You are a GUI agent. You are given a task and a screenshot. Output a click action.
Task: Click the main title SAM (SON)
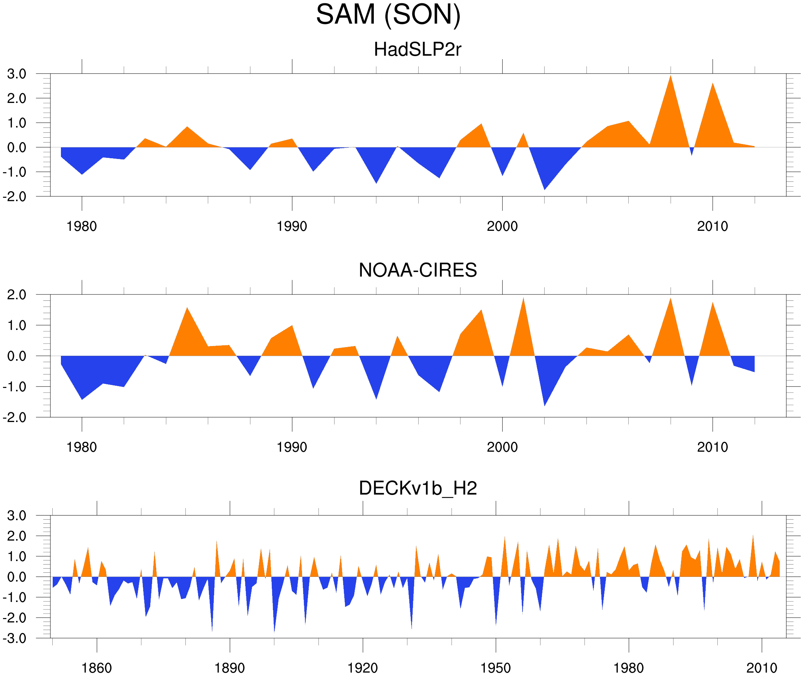pos(388,15)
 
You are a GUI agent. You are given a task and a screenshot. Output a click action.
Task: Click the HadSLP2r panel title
pos(417,49)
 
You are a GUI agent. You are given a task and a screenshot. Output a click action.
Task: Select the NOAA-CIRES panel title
pos(417,270)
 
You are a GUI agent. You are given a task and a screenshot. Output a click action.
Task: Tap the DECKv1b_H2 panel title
pos(417,488)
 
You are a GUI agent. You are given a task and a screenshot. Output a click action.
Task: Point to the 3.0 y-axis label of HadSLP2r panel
pos(17,74)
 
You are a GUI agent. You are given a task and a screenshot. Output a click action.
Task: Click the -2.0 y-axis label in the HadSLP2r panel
pos(15,197)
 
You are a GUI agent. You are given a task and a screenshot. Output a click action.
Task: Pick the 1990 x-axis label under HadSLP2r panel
pos(292,226)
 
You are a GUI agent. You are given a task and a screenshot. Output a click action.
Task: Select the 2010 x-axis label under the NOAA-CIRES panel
pos(712,447)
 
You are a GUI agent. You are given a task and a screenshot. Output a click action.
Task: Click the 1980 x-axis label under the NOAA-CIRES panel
pos(81,447)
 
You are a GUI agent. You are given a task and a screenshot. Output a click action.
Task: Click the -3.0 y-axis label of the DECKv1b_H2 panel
pos(15,638)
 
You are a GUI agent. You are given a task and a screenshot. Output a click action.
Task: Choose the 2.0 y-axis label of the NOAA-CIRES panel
pos(17,295)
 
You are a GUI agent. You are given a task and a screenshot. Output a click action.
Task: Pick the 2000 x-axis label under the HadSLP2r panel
pos(502,226)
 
